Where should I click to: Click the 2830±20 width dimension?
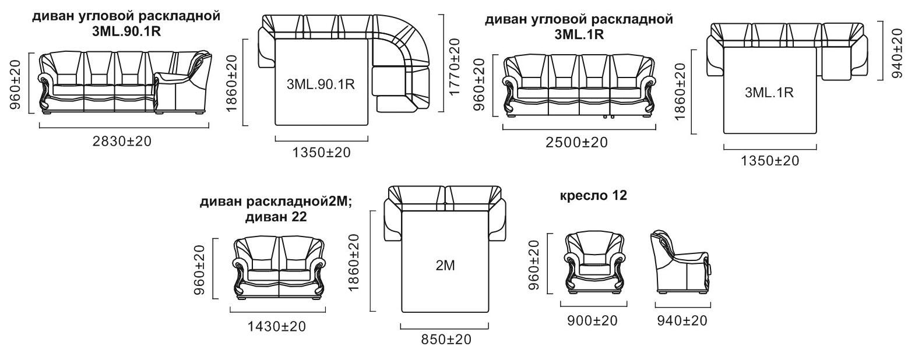[x=122, y=142]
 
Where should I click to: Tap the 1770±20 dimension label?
[x=455, y=66]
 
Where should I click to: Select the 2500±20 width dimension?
[x=576, y=143]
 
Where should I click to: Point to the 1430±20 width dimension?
[x=277, y=327]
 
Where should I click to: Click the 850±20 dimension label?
[x=446, y=340]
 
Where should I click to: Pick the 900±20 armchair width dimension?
[x=592, y=320]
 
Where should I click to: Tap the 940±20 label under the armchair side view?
[x=682, y=320]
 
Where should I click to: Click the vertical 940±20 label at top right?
[x=897, y=53]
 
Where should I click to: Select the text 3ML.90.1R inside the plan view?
[x=321, y=84]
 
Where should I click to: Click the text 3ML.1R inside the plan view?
[x=769, y=93]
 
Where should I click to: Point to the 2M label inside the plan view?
[x=445, y=266]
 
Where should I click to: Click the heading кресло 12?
[x=593, y=195]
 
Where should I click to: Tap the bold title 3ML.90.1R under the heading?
[x=126, y=31]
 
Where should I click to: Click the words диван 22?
[x=276, y=217]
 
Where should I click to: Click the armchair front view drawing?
[x=594, y=263]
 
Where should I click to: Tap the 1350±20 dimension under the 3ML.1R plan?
[x=770, y=160]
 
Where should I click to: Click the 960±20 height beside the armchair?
[x=533, y=265]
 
